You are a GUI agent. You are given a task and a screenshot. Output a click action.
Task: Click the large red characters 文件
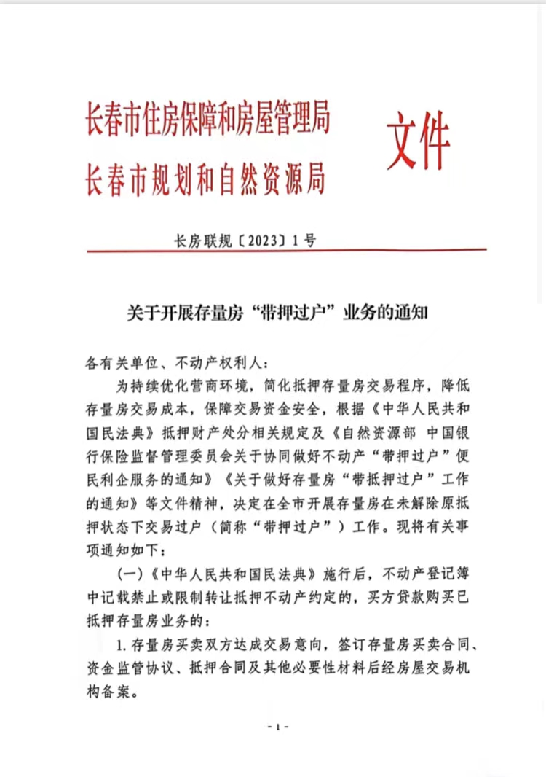pos(418,142)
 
